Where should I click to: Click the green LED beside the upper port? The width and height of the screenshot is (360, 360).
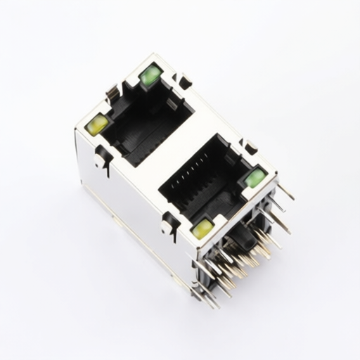[x=150, y=76]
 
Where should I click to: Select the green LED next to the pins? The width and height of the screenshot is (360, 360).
[x=255, y=178]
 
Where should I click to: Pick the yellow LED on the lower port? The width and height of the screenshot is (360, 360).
[x=202, y=228]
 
